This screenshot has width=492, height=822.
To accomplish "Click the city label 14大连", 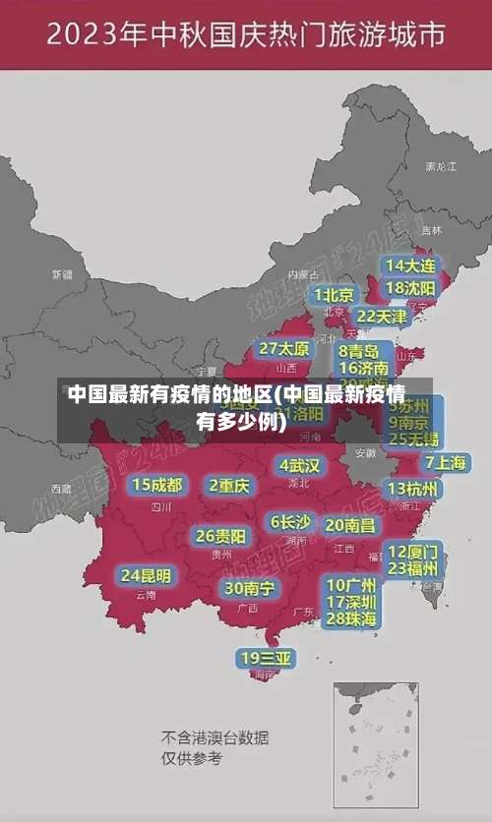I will tap(410, 265).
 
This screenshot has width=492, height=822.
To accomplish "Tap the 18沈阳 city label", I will tap(410, 288).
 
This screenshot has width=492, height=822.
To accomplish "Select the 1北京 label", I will tap(334, 295).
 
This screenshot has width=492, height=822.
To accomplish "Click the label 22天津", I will tap(381, 317).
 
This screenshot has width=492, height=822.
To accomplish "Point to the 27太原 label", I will tap(284, 349).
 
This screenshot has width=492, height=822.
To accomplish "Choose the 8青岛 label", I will tap(359, 350).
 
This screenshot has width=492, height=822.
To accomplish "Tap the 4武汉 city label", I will tap(299, 465).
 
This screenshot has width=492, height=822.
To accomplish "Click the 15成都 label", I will tap(157, 485).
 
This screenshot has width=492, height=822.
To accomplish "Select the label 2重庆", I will tap(230, 486).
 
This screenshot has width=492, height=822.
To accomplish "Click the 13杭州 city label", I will tap(413, 489).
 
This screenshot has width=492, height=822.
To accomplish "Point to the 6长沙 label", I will tap(290, 522).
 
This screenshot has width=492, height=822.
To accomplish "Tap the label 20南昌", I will tap(349, 525).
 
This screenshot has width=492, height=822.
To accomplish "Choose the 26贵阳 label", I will tap(220, 537).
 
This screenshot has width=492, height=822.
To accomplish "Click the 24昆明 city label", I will tap(146, 575).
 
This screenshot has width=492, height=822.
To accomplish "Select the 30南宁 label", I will tap(249, 588).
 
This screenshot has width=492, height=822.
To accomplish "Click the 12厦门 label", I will tap(413, 551).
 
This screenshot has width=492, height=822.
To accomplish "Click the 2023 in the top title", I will tap(92, 36).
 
